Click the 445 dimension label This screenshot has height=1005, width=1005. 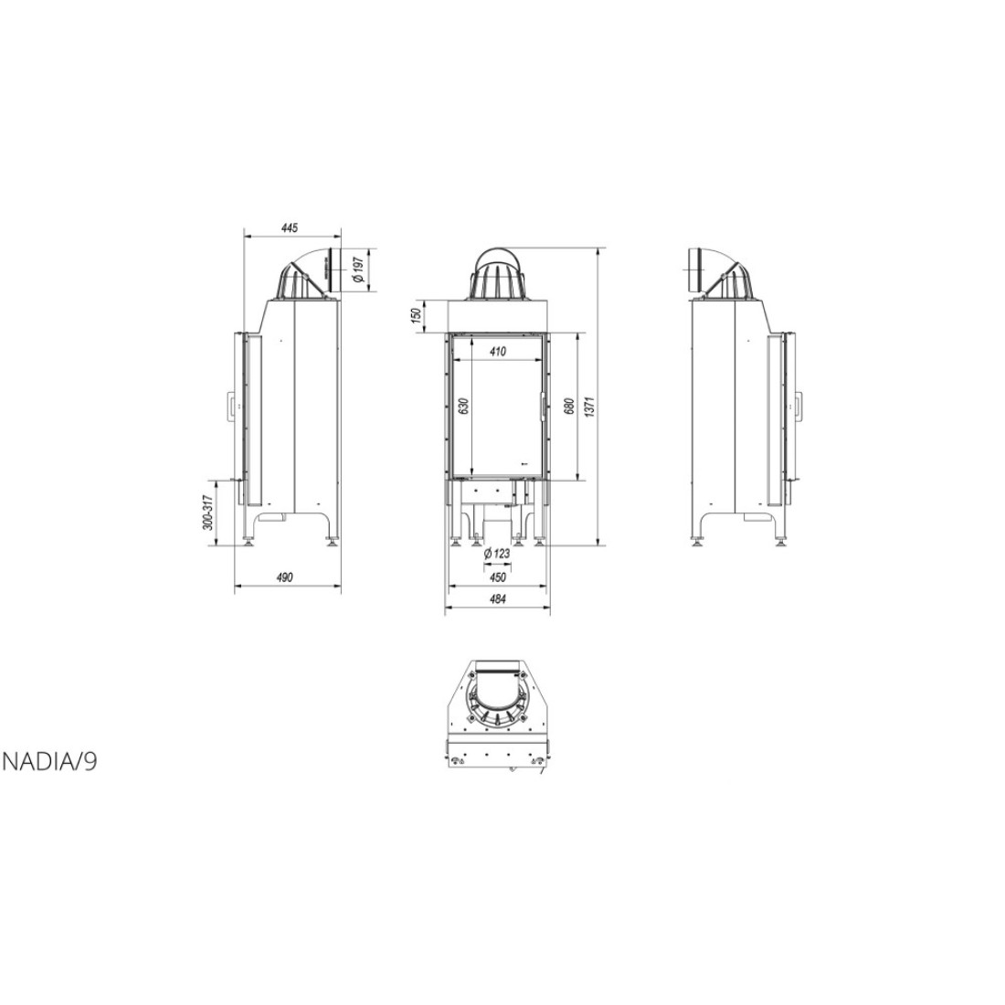(x=290, y=227)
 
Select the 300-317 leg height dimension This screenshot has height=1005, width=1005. (x=207, y=513)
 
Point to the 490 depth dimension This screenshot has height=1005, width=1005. (x=284, y=577)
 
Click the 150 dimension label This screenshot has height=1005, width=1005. (x=417, y=315)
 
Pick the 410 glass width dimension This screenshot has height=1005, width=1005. (x=497, y=351)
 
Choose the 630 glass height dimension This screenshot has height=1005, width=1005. (x=465, y=407)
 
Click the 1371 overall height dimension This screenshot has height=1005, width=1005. (x=590, y=407)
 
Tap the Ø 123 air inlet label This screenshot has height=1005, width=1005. (x=497, y=553)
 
